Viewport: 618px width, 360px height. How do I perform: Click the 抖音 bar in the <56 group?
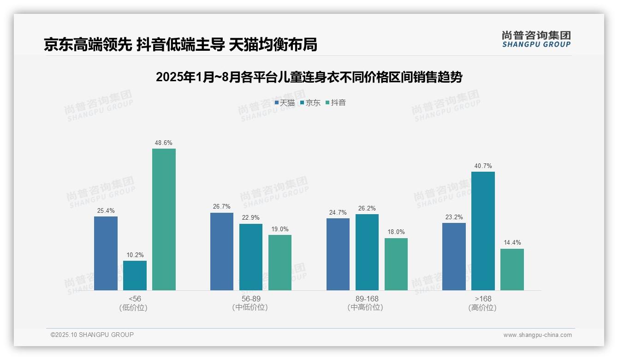click(164, 219)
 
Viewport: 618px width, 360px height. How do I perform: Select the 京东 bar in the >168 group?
click(483, 231)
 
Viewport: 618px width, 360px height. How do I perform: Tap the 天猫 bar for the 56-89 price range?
click(222, 252)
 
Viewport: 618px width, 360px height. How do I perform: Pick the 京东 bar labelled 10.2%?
click(135, 276)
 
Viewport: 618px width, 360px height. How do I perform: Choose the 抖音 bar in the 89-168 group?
click(396, 264)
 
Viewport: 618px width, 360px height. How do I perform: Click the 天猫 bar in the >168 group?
click(454, 257)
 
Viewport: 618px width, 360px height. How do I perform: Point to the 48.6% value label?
click(164, 143)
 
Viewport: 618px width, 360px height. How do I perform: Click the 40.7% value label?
click(483, 166)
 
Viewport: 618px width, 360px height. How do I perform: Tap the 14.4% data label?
click(512, 243)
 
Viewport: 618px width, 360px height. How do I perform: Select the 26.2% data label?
click(367, 208)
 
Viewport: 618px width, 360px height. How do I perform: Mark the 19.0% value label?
click(280, 229)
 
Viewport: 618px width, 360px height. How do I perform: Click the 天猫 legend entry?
click(285, 103)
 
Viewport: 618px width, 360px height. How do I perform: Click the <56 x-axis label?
click(135, 299)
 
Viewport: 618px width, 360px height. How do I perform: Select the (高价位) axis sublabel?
click(482, 308)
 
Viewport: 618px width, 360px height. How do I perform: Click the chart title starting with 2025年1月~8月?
click(309, 77)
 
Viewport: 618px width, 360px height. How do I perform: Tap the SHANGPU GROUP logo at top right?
click(536, 39)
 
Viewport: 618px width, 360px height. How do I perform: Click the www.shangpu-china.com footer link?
click(537, 335)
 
